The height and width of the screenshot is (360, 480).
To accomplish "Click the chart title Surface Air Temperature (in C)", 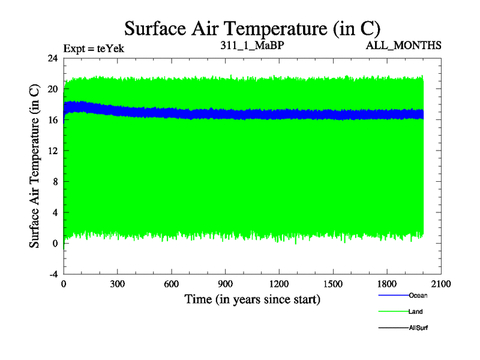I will point(252,28).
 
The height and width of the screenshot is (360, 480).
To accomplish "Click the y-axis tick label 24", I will point(53,58).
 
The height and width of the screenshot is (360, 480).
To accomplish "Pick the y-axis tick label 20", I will point(53,89).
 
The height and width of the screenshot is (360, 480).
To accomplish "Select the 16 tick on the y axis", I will point(53,120).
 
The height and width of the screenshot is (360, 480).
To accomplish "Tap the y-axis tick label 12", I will point(53,151).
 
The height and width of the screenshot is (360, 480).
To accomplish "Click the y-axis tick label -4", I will point(53,274).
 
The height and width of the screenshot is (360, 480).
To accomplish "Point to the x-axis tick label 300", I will point(118,284).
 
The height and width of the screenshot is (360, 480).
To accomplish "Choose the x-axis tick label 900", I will point(226,284).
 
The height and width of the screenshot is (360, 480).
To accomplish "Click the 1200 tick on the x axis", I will point(279,284).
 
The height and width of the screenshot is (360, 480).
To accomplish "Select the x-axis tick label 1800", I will point(387,284).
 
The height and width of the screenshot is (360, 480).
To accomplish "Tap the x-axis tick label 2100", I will point(441,284).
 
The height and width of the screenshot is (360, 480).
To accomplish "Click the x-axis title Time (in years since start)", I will point(252,299).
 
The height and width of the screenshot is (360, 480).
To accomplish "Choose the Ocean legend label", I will point(418,295).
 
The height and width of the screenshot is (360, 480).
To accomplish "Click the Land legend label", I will point(415,311).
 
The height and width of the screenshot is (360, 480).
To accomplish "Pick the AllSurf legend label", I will point(418,328).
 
